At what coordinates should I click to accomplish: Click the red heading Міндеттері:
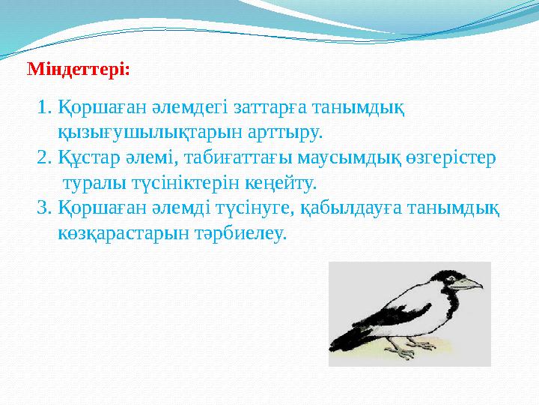[79, 70]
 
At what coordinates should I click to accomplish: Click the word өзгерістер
[455, 158]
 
